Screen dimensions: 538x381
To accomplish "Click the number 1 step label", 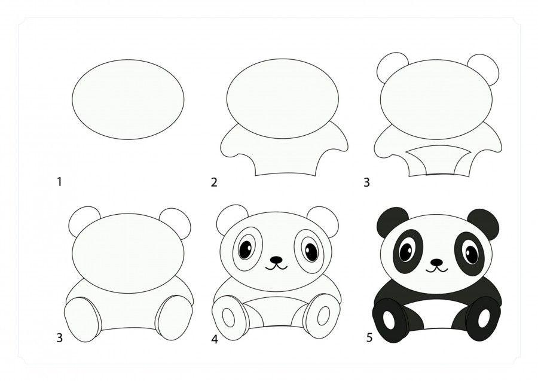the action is pyautogui.click(x=59, y=182).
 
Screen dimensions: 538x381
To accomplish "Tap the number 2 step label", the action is pyautogui.click(x=214, y=182).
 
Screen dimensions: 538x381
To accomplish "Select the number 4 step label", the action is pyautogui.click(x=215, y=340).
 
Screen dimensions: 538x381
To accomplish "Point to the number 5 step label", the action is pyautogui.click(x=369, y=338).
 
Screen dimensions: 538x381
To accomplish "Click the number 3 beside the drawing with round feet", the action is pyautogui.click(x=60, y=338).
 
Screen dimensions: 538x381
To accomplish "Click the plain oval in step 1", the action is pyautogui.click(x=128, y=99).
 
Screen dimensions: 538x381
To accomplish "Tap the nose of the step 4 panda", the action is pyautogui.click(x=276, y=260).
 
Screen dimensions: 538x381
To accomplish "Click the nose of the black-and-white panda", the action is pyautogui.click(x=436, y=262).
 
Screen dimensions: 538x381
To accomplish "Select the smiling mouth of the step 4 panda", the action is pyautogui.click(x=276, y=267).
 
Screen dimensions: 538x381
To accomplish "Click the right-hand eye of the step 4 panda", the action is pyautogui.click(x=311, y=252).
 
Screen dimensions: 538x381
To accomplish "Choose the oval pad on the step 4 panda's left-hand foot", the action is pyautogui.click(x=228, y=318).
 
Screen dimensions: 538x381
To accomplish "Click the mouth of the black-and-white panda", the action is pyautogui.click(x=437, y=269).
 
